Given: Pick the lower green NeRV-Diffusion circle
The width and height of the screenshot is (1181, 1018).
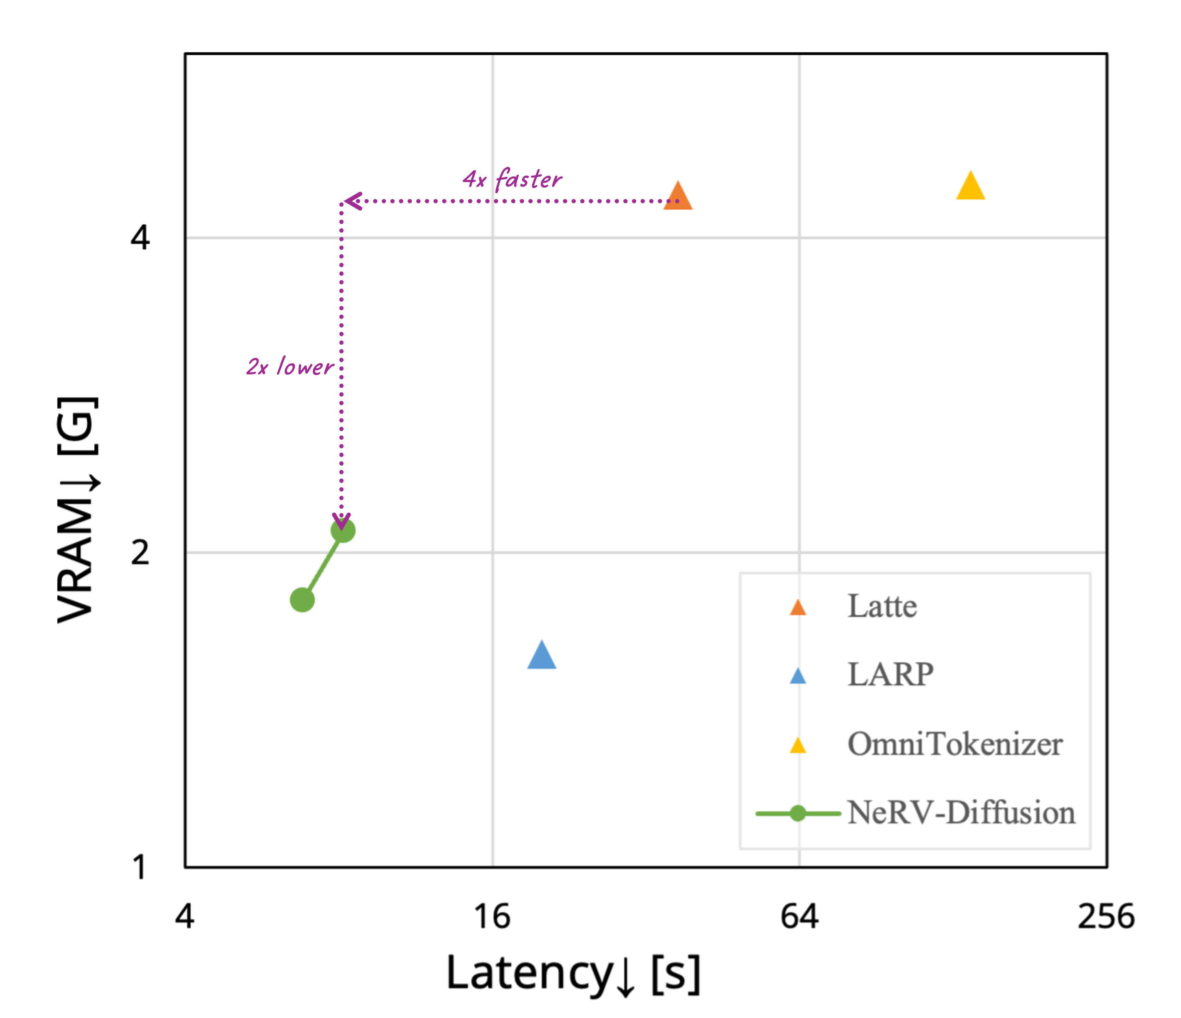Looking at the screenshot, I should click(302, 600).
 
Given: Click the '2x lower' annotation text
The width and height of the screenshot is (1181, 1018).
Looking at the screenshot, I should click(289, 367).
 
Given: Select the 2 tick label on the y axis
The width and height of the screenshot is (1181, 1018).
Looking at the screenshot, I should click(140, 552).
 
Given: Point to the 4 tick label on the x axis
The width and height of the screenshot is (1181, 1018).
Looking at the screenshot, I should click(184, 917).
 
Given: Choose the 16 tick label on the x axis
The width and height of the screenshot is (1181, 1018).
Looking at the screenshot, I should click(492, 917).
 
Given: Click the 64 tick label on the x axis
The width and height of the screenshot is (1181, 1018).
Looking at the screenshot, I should click(799, 917).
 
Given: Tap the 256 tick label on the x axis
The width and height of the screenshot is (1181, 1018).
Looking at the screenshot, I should click(1106, 917).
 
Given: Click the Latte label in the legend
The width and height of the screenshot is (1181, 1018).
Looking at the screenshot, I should click(882, 606).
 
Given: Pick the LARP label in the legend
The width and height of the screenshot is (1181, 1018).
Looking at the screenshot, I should click(890, 675).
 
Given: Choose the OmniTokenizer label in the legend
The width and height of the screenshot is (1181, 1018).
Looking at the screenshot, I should click(955, 744).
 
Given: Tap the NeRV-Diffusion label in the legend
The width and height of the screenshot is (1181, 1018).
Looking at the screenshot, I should click(961, 813).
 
